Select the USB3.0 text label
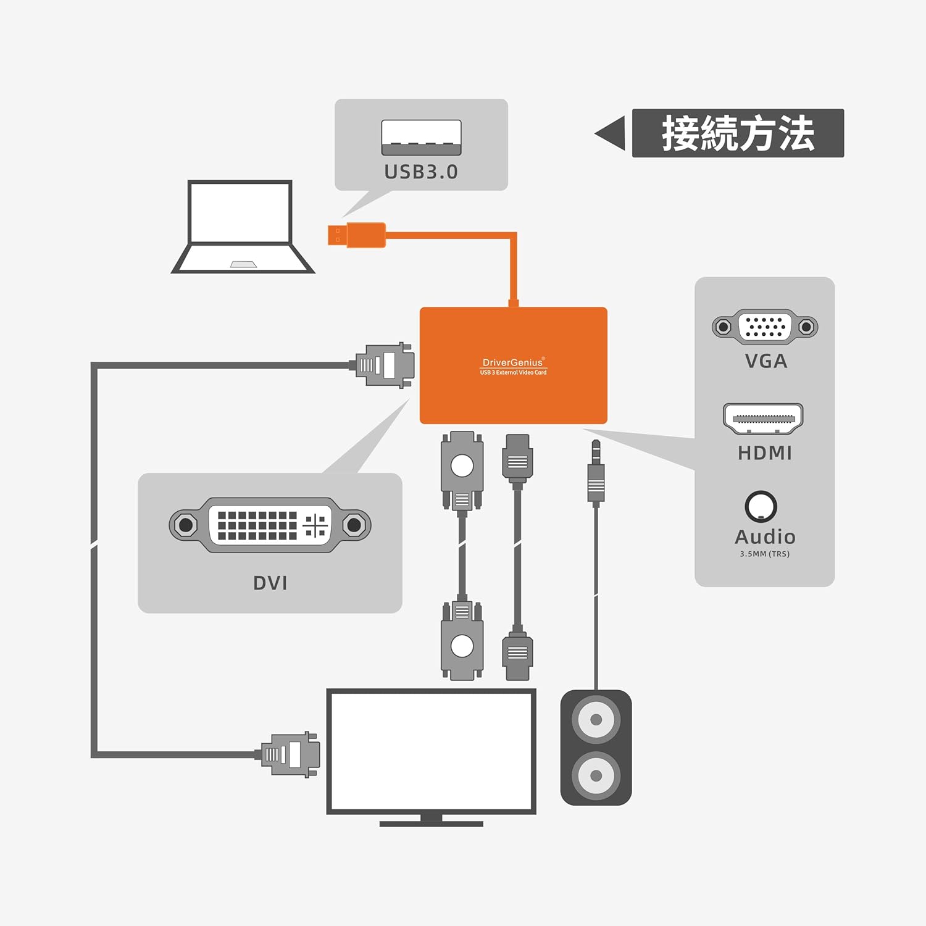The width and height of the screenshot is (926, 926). (421, 172)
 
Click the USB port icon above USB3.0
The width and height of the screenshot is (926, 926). (421, 137)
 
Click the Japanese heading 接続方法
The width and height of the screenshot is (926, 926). (738, 133)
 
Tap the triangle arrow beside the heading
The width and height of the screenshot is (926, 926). (611, 133)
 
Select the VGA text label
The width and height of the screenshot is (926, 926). (765, 361)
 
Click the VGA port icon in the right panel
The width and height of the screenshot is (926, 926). (765, 327)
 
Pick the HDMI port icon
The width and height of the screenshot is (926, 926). (763, 419)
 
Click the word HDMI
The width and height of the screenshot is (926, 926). (765, 453)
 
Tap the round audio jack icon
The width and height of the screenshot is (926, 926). (761, 507)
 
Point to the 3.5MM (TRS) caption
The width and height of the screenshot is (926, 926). (764, 554)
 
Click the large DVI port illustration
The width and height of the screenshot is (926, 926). (270, 525)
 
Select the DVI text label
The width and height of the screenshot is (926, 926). (270, 583)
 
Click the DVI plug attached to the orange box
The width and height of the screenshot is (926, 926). (385, 365)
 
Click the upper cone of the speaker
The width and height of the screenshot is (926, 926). (596, 720)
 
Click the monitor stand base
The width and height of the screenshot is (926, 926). (431, 823)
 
